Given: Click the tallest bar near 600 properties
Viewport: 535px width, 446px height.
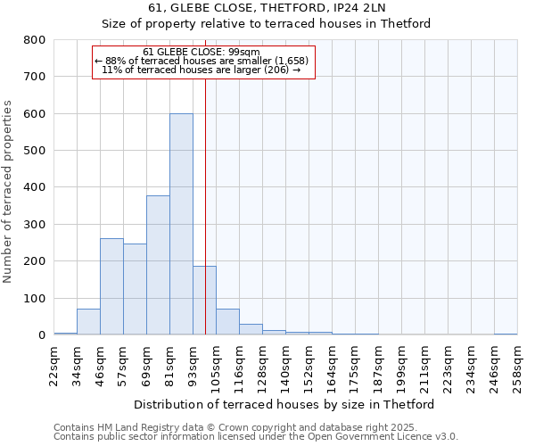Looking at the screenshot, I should pyautogui.click(x=181, y=224).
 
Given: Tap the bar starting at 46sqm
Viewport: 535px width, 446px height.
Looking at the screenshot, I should pyautogui.click(x=111, y=286).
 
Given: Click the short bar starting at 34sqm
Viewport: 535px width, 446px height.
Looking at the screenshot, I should pyautogui.click(x=88, y=322).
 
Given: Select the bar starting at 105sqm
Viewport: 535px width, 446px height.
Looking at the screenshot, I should pyautogui.click(x=227, y=322).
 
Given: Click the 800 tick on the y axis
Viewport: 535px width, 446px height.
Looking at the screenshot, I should pyautogui.click(x=34, y=40).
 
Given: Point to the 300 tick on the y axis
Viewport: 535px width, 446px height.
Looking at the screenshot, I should pyautogui.click(x=34, y=225).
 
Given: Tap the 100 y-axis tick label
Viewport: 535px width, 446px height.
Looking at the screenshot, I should pyautogui.click(x=34, y=299).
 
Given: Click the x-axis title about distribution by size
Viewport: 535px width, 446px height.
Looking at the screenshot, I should pyautogui.click(x=284, y=404).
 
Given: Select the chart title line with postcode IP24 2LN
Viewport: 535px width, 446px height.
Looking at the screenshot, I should pyautogui.click(x=267, y=8).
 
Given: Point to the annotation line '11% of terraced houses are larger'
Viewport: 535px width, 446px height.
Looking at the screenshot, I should pyautogui.click(x=203, y=69).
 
